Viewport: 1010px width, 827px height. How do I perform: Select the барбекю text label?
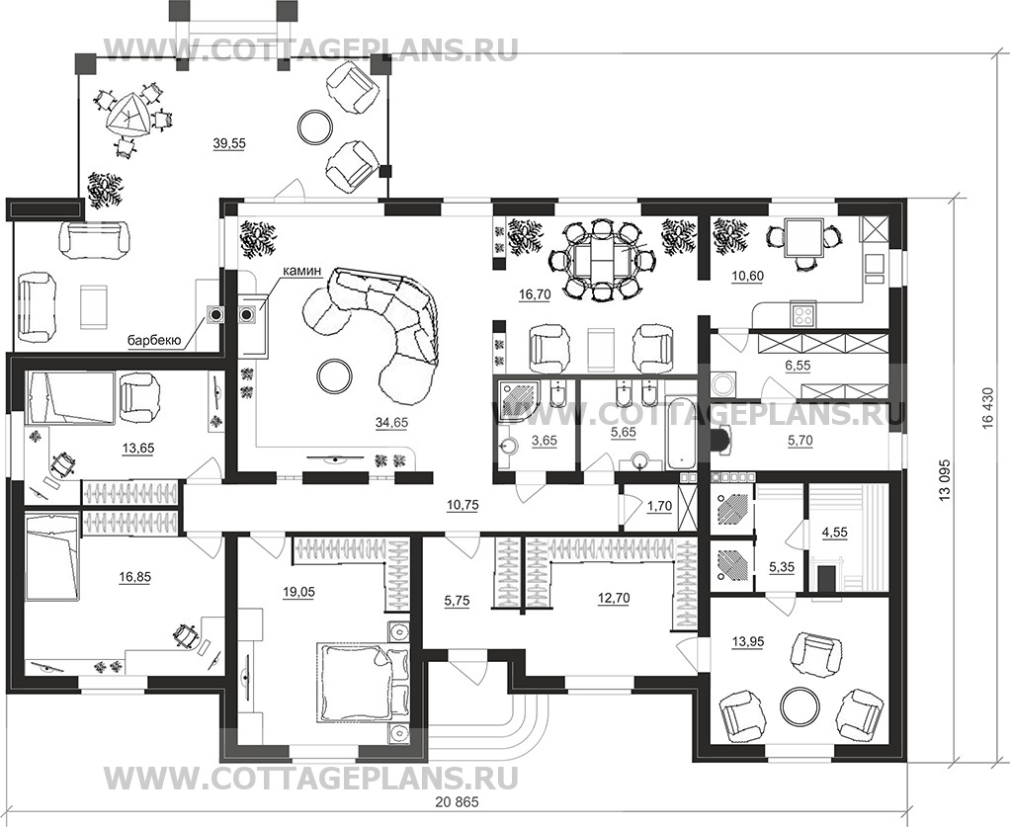point(152,342)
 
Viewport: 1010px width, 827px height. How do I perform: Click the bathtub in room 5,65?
point(681,433)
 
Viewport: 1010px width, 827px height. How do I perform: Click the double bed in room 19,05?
point(354,683)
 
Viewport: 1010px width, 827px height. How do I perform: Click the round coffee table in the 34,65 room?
point(331,374)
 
